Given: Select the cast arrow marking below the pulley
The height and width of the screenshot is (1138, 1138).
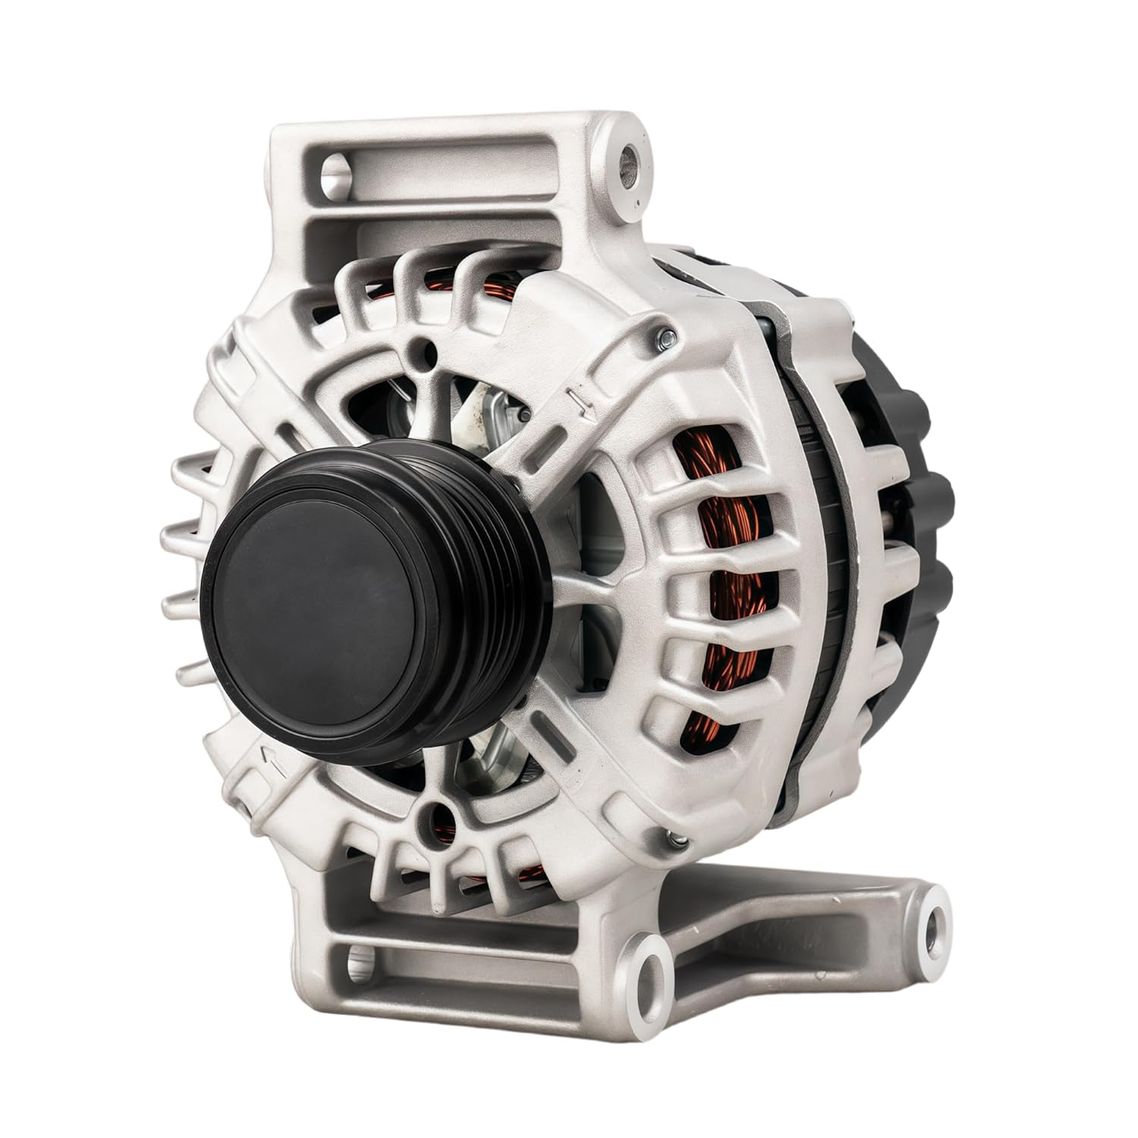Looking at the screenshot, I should click(x=276, y=762).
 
